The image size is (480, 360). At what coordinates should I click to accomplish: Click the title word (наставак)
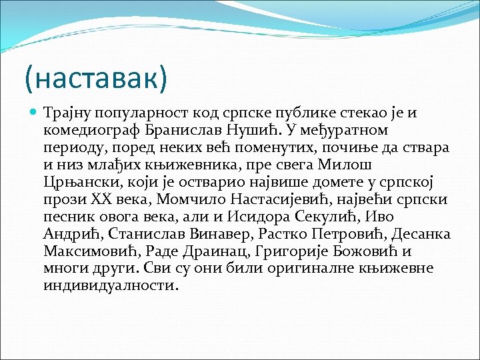tap(95, 79)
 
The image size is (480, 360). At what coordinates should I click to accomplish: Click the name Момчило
tap(190, 199)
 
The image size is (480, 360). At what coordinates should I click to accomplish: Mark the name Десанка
tap(423, 234)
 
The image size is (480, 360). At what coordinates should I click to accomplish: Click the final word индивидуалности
tap(111, 286)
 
